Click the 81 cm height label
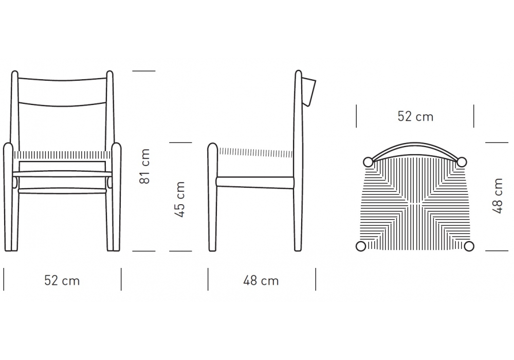(144, 166)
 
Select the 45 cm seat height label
(180, 200)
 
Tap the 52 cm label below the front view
(62, 281)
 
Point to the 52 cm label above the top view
(415, 116)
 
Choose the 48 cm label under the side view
(261, 281)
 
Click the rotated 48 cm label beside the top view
(497, 196)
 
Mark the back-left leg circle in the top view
(368, 162)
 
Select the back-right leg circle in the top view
(462, 161)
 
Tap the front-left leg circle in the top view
(361, 246)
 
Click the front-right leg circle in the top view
(469, 246)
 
